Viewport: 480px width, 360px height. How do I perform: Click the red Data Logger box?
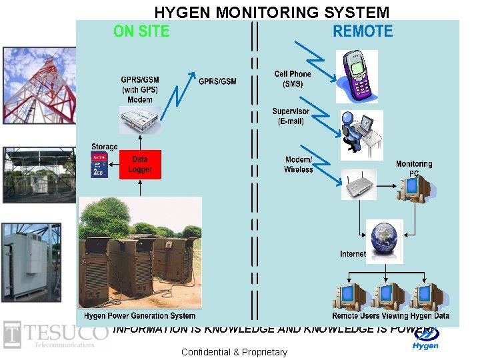[x=140, y=165]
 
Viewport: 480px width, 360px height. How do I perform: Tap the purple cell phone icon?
[x=359, y=75]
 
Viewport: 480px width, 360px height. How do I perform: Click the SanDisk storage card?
[x=99, y=165]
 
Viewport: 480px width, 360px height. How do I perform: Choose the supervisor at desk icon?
[x=360, y=133]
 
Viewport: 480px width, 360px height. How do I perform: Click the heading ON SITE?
[x=141, y=31]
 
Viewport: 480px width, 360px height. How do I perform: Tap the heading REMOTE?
[x=363, y=31]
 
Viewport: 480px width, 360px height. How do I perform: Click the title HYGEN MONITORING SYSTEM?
[x=272, y=12]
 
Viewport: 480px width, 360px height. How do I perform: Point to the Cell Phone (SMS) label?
[x=293, y=79]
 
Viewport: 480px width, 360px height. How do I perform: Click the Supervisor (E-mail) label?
[x=291, y=116]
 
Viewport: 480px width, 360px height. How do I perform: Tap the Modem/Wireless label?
[x=298, y=165]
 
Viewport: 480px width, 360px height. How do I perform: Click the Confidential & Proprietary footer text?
[x=234, y=352]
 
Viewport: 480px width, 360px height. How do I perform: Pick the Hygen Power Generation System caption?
[x=140, y=315]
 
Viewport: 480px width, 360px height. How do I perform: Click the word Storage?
[x=104, y=147]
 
